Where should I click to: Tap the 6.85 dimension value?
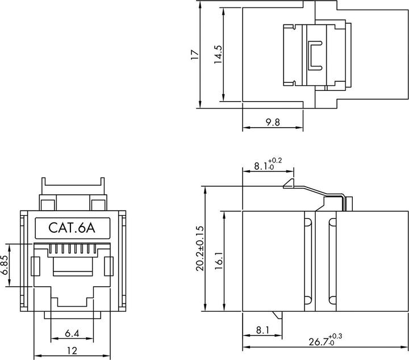pos(5,265)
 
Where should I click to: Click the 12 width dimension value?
pos(71,351)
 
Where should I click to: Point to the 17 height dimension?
pos(194,55)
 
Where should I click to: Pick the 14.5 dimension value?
pos(217,55)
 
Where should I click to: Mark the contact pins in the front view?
pos(71,249)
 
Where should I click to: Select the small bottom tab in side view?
pos(277,315)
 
